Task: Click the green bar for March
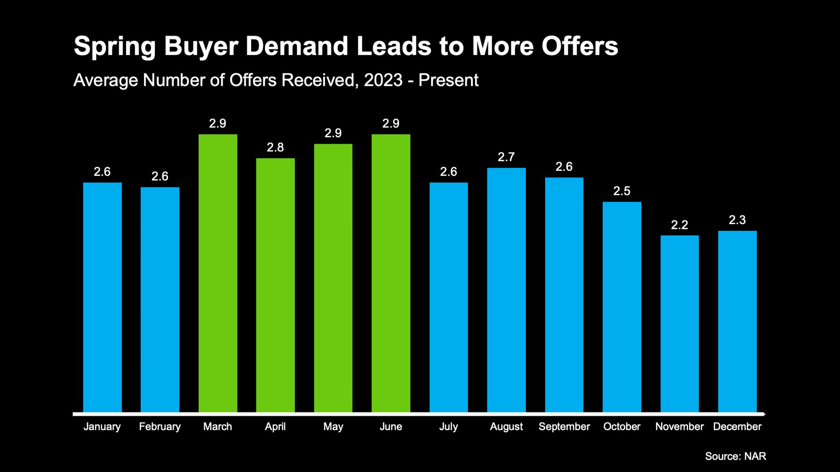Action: pyautogui.click(x=218, y=273)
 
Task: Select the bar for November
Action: pyautogui.click(x=679, y=324)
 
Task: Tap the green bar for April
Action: pyautogui.click(x=275, y=285)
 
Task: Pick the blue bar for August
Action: pyautogui.click(x=506, y=290)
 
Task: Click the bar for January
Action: pyautogui.click(x=102, y=297)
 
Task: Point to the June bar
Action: pyautogui.click(x=391, y=273)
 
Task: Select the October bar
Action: pyautogui.click(x=622, y=307)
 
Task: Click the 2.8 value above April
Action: pyautogui.click(x=275, y=148)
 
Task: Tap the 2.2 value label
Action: pyautogui.click(x=679, y=225)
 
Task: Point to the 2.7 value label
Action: pyautogui.click(x=506, y=157)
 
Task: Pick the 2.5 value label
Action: pyautogui.click(x=622, y=191)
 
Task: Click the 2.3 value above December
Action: pyautogui.click(x=737, y=220)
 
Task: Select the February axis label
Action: pyautogui.click(x=160, y=427)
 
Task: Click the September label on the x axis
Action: pyautogui.click(x=564, y=427)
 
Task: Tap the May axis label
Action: pyautogui.click(x=333, y=427)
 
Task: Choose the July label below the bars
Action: pyautogui.click(x=448, y=427)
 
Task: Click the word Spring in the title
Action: pyautogui.click(x=115, y=47)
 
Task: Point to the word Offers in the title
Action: pyautogui.click(x=580, y=46)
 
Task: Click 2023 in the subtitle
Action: pyautogui.click(x=383, y=80)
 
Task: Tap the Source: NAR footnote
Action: pyautogui.click(x=735, y=456)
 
